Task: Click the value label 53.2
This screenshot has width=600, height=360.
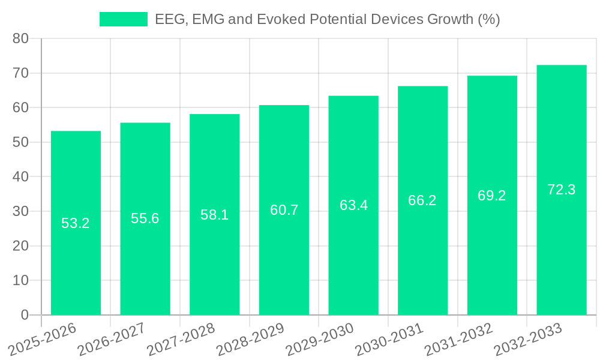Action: coord(76,223)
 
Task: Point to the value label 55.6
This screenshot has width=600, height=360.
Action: coord(145,218)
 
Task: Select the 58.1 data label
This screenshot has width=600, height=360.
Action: coord(214,214)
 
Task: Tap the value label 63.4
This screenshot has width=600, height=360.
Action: coord(353,205)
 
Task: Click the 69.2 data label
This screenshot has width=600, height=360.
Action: coord(492,195)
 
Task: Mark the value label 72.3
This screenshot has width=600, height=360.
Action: coord(562,190)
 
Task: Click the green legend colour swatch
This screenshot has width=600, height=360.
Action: coord(123,19)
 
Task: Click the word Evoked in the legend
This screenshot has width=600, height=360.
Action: coord(278,19)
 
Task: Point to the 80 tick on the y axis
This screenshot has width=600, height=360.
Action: coord(21,38)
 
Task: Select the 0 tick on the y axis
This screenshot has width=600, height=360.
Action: coord(25,315)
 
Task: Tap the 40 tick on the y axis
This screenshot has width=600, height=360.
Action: coord(21,177)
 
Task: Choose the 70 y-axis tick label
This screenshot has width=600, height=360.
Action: coord(21,73)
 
